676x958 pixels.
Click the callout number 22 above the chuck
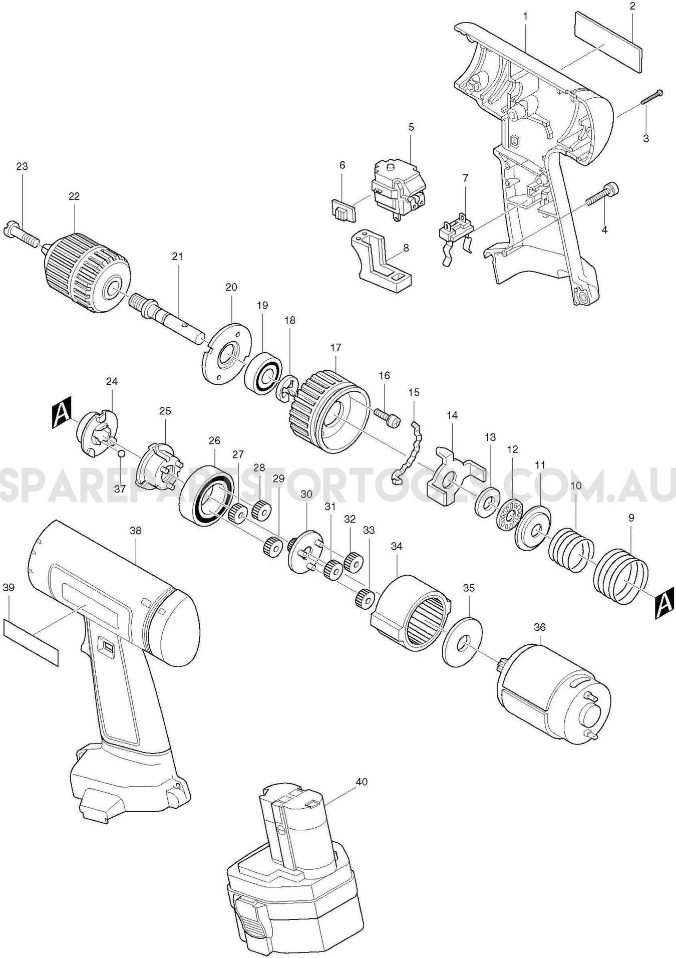tap(74, 196)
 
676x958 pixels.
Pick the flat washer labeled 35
tap(462, 642)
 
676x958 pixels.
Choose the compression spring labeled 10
tap(571, 550)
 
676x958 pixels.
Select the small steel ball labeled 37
tap(121, 453)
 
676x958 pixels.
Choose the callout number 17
tap(335, 347)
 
